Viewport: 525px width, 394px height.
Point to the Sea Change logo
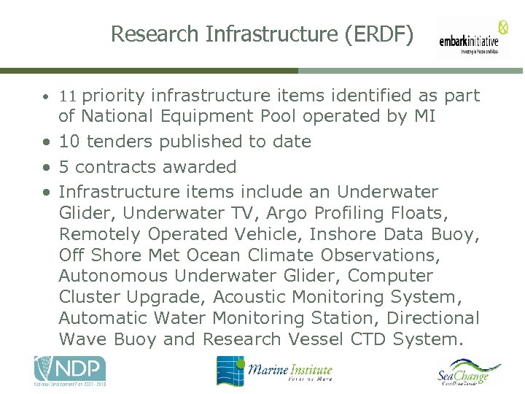click(470, 372)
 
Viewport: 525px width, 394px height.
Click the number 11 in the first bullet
click(68, 96)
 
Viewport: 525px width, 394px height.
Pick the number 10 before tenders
click(69, 141)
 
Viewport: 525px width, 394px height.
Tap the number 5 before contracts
click(63, 166)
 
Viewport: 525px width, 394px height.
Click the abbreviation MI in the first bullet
click(424, 116)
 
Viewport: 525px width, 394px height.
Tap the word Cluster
click(90, 297)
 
